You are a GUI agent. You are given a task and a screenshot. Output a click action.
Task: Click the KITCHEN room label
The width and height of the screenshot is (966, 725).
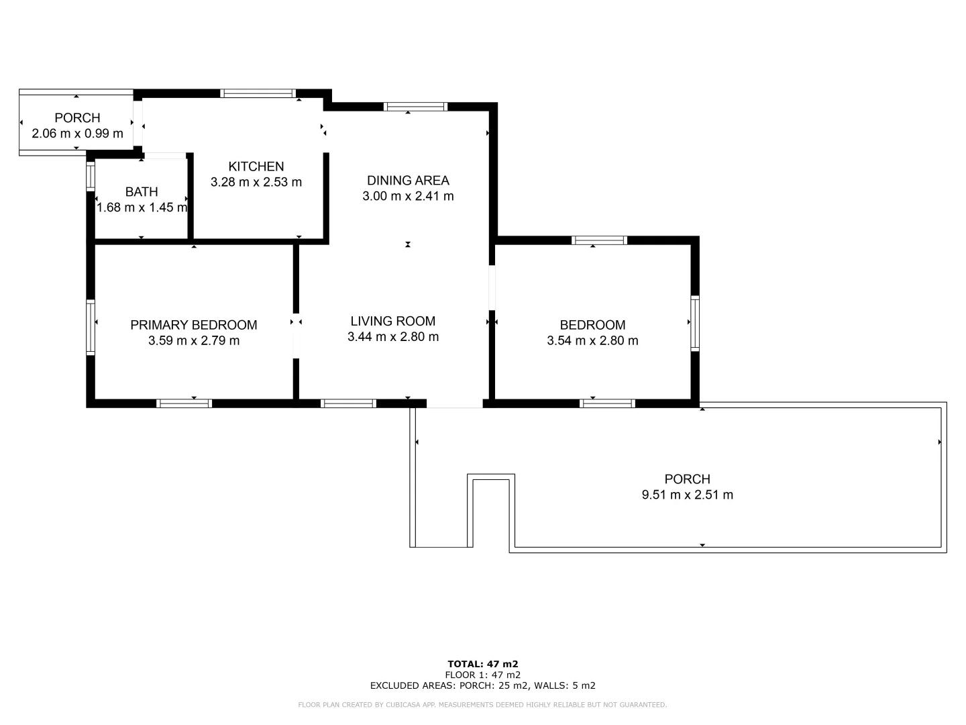point(256,166)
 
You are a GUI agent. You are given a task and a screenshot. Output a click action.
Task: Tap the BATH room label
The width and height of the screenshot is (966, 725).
point(142,192)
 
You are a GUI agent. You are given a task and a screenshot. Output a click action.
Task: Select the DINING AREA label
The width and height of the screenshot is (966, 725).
point(408,181)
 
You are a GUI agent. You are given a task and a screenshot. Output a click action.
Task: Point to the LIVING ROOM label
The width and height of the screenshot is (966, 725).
point(392,322)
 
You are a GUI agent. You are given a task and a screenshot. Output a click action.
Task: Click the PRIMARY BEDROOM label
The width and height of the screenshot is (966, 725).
point(193,325)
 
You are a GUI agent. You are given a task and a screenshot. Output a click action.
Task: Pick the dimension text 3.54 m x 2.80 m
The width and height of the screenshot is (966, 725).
point(592,340)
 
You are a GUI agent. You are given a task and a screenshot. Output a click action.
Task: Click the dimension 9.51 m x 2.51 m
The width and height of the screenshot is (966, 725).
point(687,495)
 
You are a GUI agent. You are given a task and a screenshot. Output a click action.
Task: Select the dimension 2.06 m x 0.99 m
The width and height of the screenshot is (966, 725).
point(78,133)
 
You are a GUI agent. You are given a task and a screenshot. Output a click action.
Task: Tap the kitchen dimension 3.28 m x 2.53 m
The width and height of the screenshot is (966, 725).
point(256,182)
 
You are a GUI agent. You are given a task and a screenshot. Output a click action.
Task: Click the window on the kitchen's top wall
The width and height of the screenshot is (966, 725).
point(258,93)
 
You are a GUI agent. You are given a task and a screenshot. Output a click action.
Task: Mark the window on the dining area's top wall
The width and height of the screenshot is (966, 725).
point(415,106)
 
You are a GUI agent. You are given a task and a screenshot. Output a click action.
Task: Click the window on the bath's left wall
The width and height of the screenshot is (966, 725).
point(90,177)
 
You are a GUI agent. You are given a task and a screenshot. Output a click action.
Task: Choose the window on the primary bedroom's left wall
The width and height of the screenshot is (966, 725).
point(90,327)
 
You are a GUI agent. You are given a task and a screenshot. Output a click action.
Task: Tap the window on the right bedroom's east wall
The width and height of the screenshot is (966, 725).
point(695,323)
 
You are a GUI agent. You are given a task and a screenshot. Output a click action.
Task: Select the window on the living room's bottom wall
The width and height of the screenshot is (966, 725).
point(347,403)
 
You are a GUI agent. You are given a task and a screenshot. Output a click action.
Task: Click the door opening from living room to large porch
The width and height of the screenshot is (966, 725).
point(454,404)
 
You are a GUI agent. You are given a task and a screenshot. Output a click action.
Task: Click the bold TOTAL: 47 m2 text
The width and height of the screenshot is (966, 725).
point(482,664)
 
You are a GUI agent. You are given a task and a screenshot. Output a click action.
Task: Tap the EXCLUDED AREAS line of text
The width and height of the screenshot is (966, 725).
point(482,685)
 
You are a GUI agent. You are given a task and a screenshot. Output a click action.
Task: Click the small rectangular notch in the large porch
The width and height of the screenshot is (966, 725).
point(492,510)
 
